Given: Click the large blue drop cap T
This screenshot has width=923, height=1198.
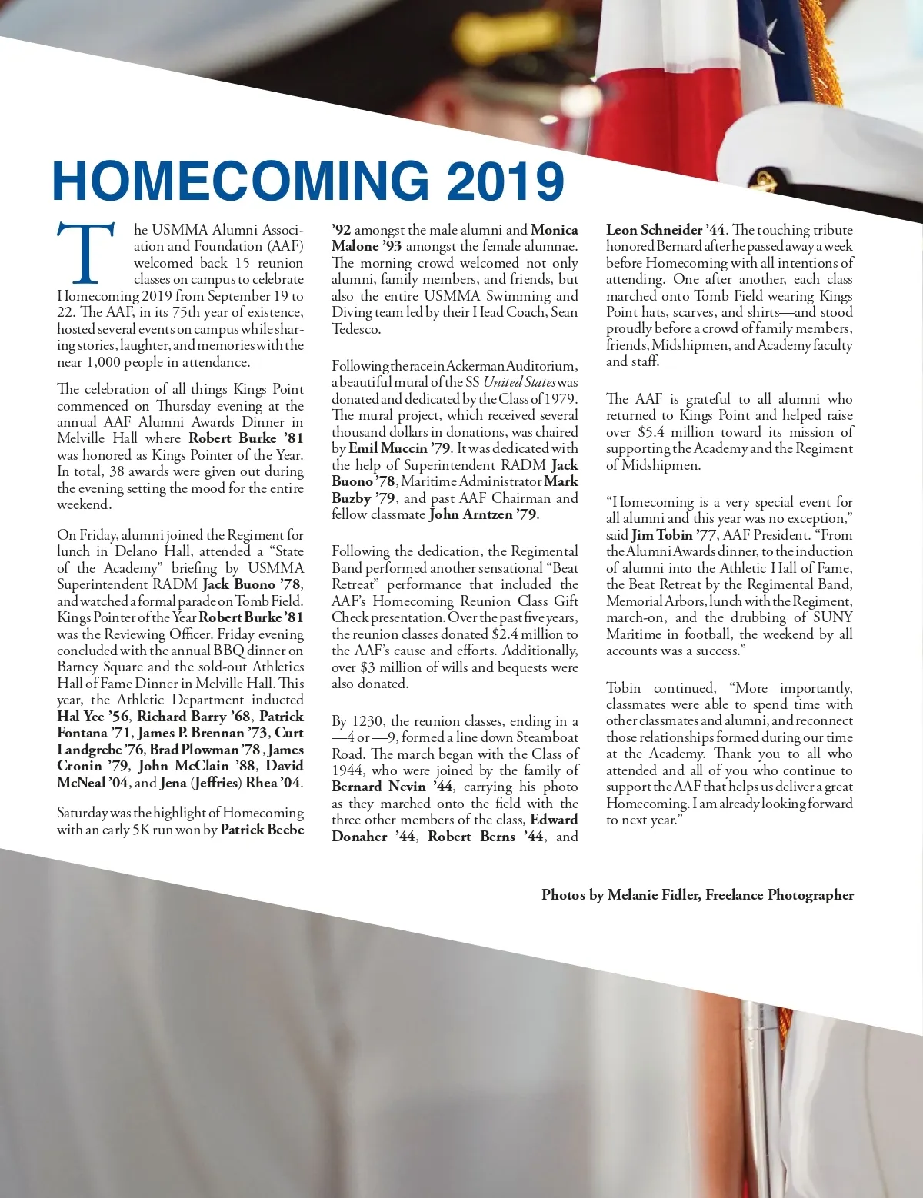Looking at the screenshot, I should pyautogui.click(x=86, y=255).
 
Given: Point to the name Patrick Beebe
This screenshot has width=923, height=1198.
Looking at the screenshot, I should pyautogui.click(x=262, y=830).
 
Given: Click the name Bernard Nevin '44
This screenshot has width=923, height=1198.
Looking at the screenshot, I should pyautogui.click(x=392, y=787).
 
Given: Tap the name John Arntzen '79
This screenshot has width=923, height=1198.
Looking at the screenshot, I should pyautogui.click(x=483, y=514).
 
